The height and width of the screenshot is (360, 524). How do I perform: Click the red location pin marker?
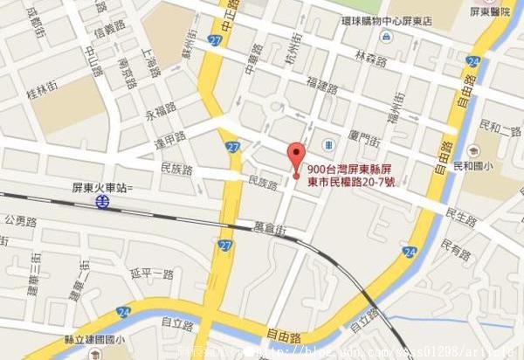(296, 156)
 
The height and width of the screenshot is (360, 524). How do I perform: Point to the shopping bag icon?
(385, 37)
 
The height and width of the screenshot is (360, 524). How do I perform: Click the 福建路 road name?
(321, 87)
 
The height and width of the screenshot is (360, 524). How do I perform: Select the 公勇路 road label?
(19, 220)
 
